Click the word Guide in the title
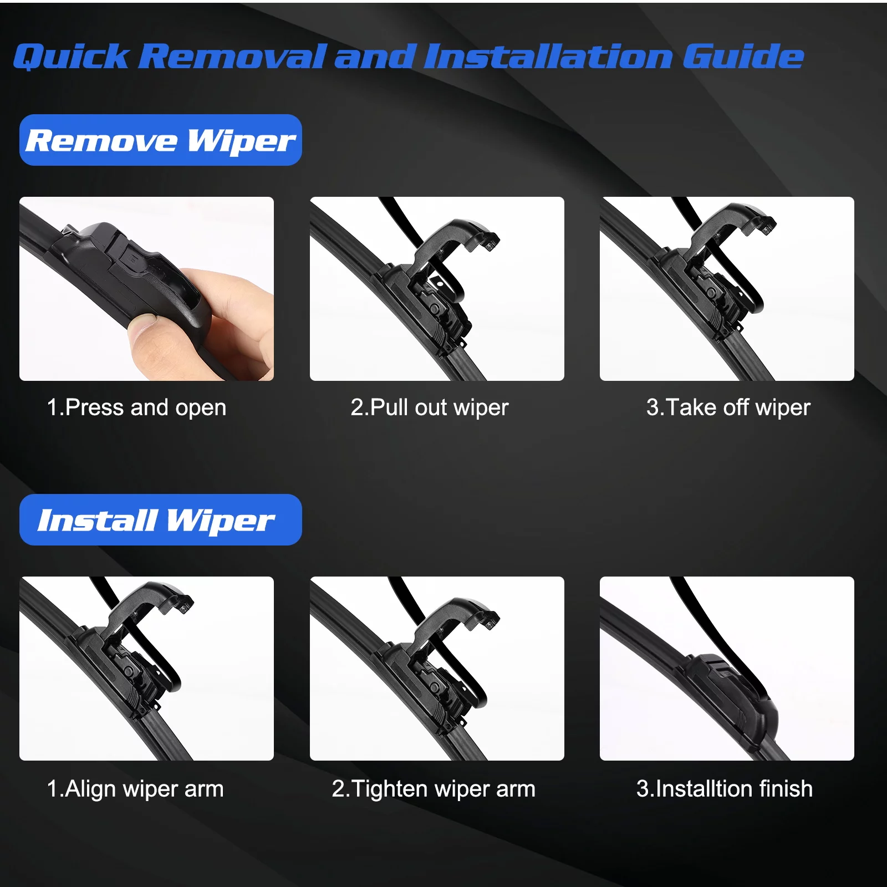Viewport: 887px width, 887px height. (x=743, y=57)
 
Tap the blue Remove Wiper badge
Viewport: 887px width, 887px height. (x=160, y=140)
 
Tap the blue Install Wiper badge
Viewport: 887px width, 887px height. (x=160, y=520)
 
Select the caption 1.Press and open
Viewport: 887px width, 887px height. (x=136, y=407)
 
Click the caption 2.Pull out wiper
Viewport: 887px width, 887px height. (x=430, y=407)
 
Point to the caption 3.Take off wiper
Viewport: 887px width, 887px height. (x=728, y=407)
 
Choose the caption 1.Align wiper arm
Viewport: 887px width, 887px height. (x=135, y=788)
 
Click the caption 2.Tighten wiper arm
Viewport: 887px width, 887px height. (x=434, y=788)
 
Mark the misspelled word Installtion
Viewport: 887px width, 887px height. (x=703, y=788)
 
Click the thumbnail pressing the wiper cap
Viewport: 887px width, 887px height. (x=146, y=288)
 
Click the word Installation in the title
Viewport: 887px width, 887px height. (x=549, y=57)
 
